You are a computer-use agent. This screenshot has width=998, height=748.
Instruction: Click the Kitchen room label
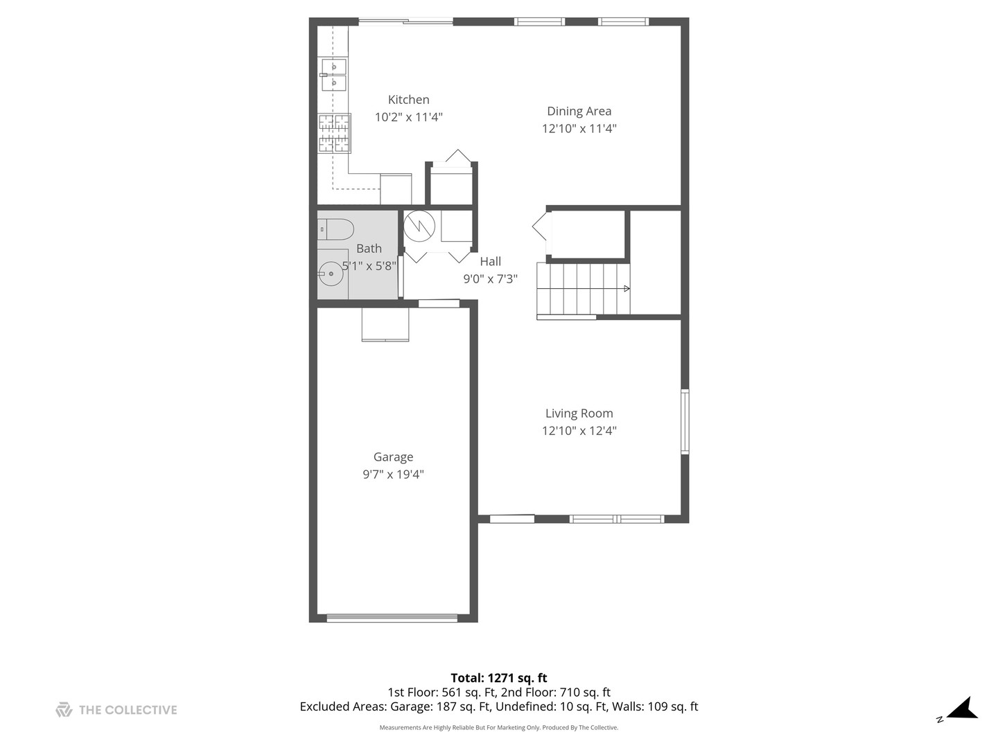pyautogui.click(x=408, y=100)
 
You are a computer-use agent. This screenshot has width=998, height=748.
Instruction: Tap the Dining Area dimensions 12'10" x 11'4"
pyautogui.click(x=579, y=129)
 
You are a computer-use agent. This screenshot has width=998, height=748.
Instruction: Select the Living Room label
pyautogui.click(x=579, y=413)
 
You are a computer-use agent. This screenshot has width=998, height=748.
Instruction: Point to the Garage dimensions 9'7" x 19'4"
pyautogui.click(x=393, y=474)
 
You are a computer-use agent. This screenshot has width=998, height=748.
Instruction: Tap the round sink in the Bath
pyautogui.click(x=332, y=274)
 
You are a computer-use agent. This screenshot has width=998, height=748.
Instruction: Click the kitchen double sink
pyautogui.click(x=333, y=74)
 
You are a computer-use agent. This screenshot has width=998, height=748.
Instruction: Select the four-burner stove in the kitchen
pyautogui.click(x=334, y=133)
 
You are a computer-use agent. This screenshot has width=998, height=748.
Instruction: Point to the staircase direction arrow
pyautogui.click(x=626, y=288)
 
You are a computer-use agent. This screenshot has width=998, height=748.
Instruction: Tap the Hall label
pyautogui.click(x=490, y=262)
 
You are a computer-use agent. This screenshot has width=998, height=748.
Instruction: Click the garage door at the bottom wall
pyautogui.click(x=392, y=618)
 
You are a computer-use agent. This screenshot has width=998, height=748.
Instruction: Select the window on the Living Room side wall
pyautogui.click(x=685, y=421)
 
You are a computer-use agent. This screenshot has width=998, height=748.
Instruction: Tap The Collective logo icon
pyautogui.click(x=64, y=710)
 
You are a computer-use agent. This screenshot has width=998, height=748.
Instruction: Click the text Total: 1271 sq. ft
pyautogui.click(x=498, y=678)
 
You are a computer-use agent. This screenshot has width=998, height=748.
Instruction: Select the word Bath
pyautogui.click(x=369, y=249)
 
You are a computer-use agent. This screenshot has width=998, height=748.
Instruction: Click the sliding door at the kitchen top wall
pyautogui.click(x=405, y=22)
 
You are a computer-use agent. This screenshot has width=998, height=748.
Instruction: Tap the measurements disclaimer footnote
pyautogui.click(x=498, y=728)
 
